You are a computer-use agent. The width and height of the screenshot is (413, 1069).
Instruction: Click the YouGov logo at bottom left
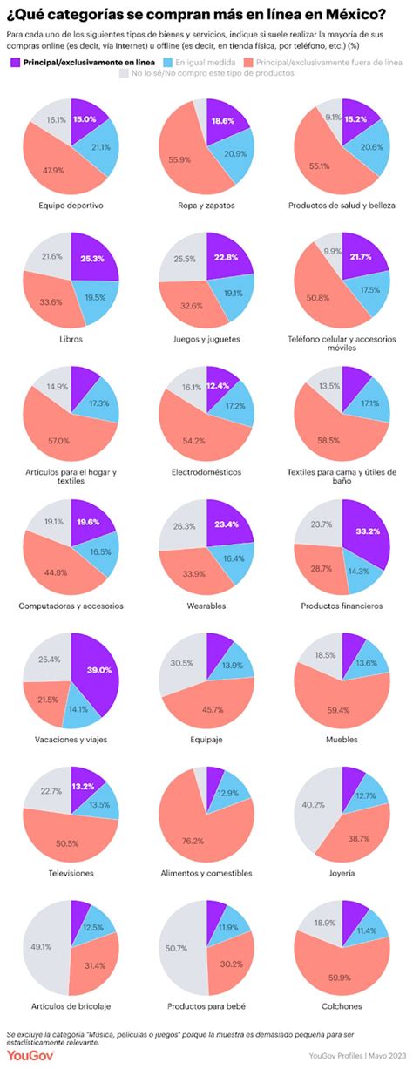[27, 1056]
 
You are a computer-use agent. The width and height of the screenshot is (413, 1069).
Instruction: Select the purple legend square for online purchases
[15, 62]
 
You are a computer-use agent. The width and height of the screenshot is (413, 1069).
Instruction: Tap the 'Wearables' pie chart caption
[206, 605]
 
